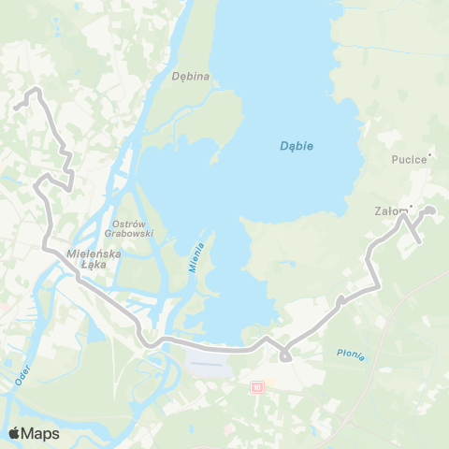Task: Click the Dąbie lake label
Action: click(x=297, y=146)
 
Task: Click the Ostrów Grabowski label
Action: click(x=132, y=228)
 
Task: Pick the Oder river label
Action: click(x=23, y=375)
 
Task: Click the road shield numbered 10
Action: click(x=257, y=385)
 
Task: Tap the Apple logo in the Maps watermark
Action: click(x=14, y=433)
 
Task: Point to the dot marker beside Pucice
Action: click(x=428, y=153)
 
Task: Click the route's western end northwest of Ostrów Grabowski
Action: click(x=16, y=109)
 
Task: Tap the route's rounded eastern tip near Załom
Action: click(x=431, y=211)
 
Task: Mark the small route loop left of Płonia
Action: click(x=285, y=355)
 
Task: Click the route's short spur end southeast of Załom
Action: click(x=418, y=242)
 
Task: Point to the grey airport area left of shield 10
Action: click(x=210, y=362)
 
